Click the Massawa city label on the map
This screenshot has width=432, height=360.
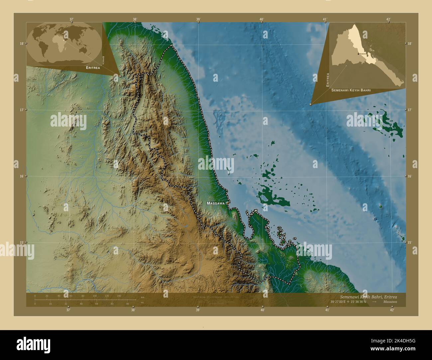coord(215,203)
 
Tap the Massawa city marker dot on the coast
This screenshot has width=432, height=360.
coord(227,203)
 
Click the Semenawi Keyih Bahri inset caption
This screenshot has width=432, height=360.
coord(351,90)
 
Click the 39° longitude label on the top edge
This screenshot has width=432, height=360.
coord(198,20)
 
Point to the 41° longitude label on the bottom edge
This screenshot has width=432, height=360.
coord(327,310)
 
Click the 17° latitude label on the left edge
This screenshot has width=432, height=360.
coord(21,110)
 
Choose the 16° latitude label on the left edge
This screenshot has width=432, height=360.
coord(21,176)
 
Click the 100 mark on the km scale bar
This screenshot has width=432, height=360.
coord(95,296)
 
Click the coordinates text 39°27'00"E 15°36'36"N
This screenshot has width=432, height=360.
coord(349,302)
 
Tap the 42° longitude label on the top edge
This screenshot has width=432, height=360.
coord(388,20)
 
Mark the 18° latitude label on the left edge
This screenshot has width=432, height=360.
coord(21,44)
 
